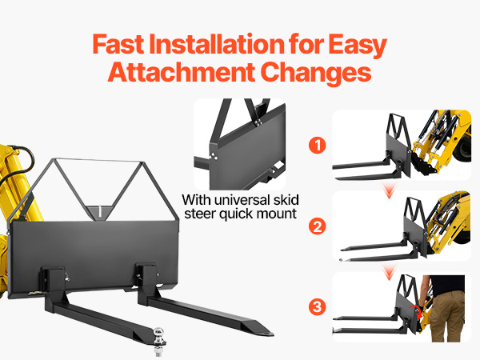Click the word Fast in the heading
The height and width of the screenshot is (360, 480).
point(118,44)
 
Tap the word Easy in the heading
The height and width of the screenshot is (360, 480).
point(358,46)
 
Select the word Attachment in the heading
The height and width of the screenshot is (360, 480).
point(182,72)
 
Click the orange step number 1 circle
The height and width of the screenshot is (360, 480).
point(318,146)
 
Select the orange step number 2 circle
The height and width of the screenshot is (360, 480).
point(318,227)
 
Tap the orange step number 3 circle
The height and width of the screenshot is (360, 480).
point(318,306)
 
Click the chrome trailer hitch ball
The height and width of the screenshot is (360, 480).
point(158,333)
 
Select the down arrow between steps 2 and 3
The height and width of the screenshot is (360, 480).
point(389,272)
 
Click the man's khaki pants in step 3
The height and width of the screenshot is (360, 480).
point(447,316)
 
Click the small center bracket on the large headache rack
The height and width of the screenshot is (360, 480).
point(99,212)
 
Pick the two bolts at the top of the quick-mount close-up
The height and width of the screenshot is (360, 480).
point(258,122)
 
